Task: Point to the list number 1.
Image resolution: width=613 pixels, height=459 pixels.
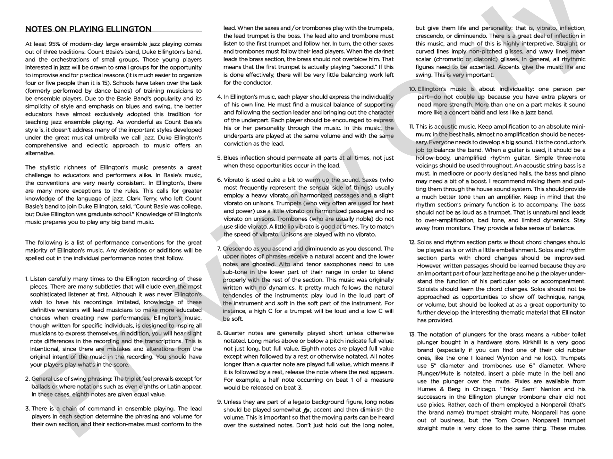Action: tap(27, 279)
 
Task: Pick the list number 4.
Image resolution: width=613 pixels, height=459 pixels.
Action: tap(219, 97)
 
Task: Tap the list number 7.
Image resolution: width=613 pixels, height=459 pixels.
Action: tap(219, 249)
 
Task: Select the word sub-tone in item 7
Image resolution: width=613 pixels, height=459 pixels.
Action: tap(234, 272)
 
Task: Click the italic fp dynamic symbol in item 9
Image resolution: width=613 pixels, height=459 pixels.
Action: tap(306, 410)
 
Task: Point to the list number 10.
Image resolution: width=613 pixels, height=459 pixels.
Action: tap(412, 89)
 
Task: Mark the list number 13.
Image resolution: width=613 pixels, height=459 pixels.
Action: tap(412, 334)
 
